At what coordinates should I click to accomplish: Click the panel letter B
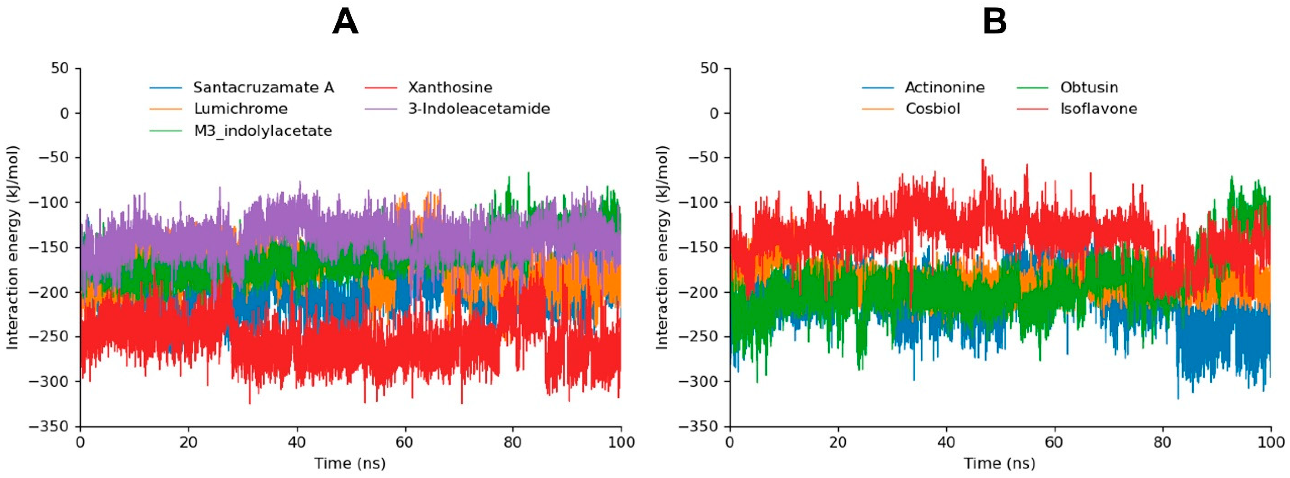pyautogui.click(x=995, y=23)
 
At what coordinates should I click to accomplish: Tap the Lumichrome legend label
pyautogui.click(x=240, y=109)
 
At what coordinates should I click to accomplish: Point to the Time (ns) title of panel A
pyautogui.click(x=350, y=463)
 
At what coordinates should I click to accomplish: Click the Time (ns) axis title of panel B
pyautogui.click(x=1000, y=463)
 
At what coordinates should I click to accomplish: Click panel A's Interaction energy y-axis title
pyautogui.click(x=13, y=247)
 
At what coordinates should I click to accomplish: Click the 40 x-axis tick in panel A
pyautogui.click(x=296, y=442)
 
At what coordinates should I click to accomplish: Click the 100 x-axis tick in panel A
pyautogui.click(x=621, y=442)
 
